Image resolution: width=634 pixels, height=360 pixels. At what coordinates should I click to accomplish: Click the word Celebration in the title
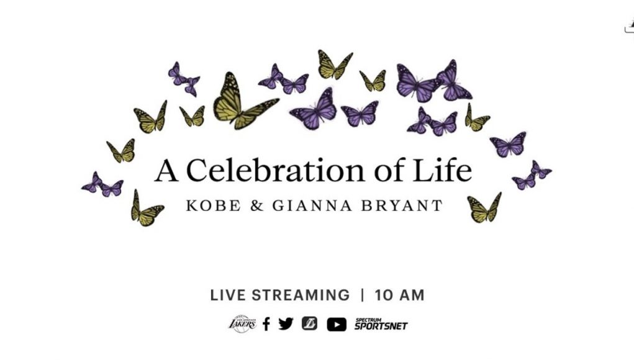[275, 170]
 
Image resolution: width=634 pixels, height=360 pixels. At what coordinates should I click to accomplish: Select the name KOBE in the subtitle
[213, 205]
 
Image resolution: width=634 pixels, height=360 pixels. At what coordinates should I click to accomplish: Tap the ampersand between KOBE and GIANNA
[256, 205]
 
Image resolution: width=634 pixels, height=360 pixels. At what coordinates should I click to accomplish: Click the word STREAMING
[301, 295]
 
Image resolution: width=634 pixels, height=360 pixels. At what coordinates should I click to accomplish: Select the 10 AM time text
[399, 295]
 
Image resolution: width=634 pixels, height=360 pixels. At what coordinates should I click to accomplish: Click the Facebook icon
[266, 324]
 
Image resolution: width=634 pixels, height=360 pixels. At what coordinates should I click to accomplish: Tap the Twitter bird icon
[286, 323]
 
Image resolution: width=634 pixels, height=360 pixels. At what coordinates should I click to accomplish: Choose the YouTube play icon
[337, 325]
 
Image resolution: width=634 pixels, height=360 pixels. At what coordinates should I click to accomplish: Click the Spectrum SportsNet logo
[381, 324]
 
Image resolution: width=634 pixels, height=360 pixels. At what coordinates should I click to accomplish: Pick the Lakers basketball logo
[242, 323]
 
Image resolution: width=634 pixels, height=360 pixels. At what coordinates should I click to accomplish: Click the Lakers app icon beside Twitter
[309, 323]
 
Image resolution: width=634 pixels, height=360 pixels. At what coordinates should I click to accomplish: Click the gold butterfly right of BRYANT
[484, 207]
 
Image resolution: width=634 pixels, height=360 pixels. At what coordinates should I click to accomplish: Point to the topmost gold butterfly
[334, 65]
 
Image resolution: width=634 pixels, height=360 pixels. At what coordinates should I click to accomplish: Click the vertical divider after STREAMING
[362, 295]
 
